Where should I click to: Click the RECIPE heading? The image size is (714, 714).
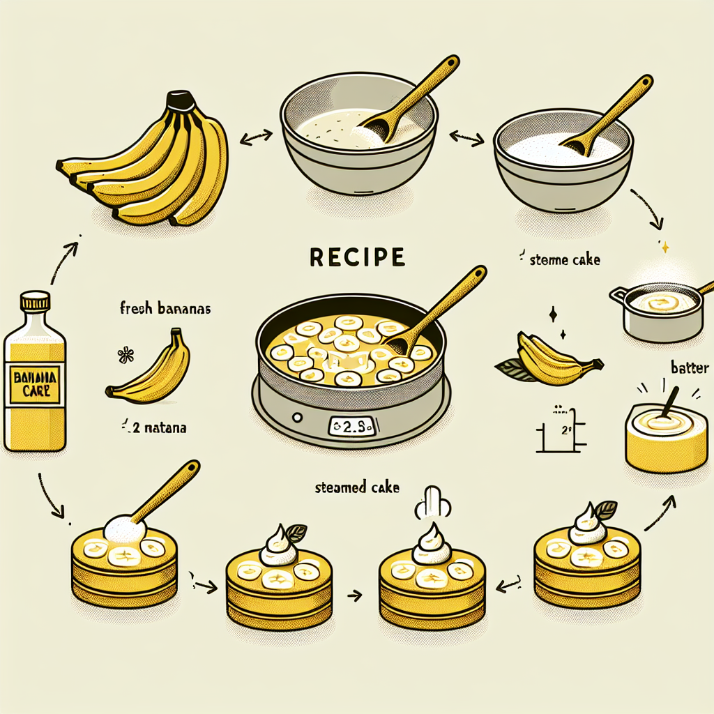356,257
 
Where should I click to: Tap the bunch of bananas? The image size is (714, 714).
150,164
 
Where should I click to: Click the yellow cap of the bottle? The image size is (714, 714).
36,301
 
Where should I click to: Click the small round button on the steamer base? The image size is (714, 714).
298,417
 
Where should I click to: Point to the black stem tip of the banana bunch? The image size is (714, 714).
183,100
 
